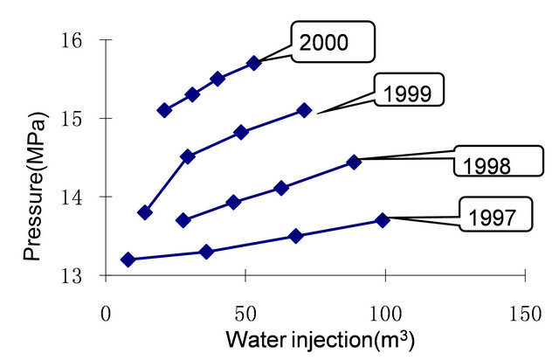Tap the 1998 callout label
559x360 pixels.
(493, 164)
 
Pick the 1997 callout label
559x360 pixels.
(493, 215)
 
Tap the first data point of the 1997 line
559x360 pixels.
(128, 260)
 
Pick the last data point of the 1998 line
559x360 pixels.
(354, 162)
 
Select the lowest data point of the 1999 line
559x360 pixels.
(145, 212)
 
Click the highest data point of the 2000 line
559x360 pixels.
(254, 63)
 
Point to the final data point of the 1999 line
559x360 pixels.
(304, 110)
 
